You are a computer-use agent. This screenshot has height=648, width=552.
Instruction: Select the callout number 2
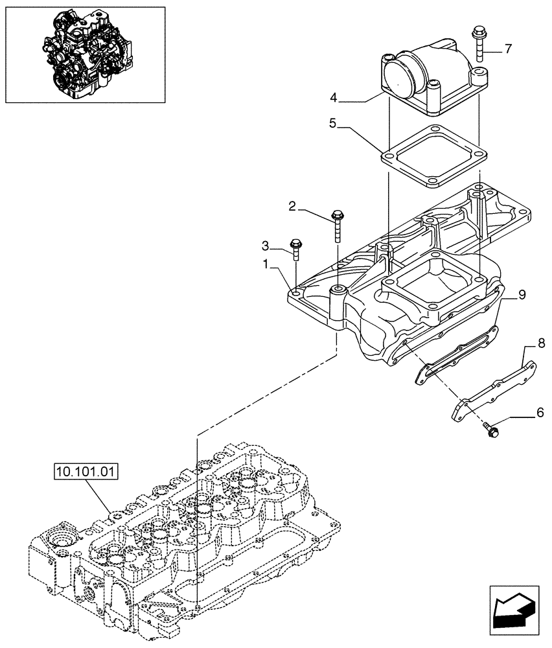tap(293, 207)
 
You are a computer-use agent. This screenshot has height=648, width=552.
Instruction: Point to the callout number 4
tap(333, 98)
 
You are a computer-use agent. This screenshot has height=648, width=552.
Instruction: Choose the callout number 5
tap(332, 124)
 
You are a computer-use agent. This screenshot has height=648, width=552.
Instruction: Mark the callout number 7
tap(508, 49)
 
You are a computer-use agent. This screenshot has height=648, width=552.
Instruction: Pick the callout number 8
tap(541, 341)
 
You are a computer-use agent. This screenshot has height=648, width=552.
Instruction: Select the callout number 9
tap(522, 294)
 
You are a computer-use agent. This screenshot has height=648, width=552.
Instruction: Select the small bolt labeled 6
tap(490, 427)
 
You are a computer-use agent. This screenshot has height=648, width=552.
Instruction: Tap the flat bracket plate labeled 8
tap(492, 389)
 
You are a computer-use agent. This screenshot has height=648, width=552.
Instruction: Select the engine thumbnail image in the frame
tap(85, 54)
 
